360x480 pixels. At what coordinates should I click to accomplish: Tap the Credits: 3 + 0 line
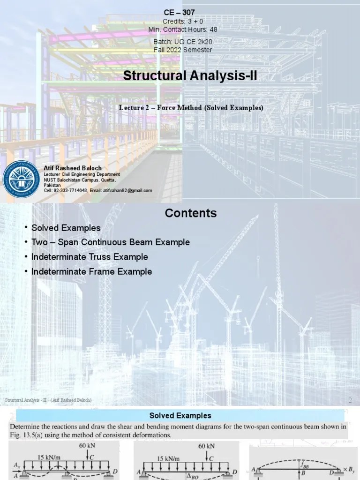pyautogui.click(x=182, y=22)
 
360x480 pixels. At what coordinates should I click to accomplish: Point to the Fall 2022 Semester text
pyautogui.click(x=183, y=50)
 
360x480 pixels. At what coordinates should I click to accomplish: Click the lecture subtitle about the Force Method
pyautogui.click(x=191, y=108)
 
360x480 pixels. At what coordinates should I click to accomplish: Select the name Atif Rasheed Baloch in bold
pyautogui.click(x=73, y=168)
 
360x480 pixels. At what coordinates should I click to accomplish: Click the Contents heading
pyautogui.click(x=190, y=213)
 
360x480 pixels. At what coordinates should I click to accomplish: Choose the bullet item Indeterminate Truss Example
pyautogui.click(x=90, y=257)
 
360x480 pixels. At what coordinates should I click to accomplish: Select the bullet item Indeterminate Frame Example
pyautogui.click(x=91, y=271)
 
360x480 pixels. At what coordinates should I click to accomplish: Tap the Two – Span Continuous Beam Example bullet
pyautogui.click(x=110, y=242)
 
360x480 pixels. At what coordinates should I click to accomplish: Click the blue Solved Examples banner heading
pyautogui.click(x=180, y=416)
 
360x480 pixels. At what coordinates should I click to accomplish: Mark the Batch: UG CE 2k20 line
pyautogui.click(x=183, y=42)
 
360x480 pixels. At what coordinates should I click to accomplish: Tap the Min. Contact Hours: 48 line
pyautogui.click(x=183, y=29)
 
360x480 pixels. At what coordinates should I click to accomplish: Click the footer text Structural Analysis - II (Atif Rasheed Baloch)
pyautogui.click(x=48, y=400)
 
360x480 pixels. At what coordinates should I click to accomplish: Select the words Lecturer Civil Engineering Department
pyautogui.click(x=78, y=174)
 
